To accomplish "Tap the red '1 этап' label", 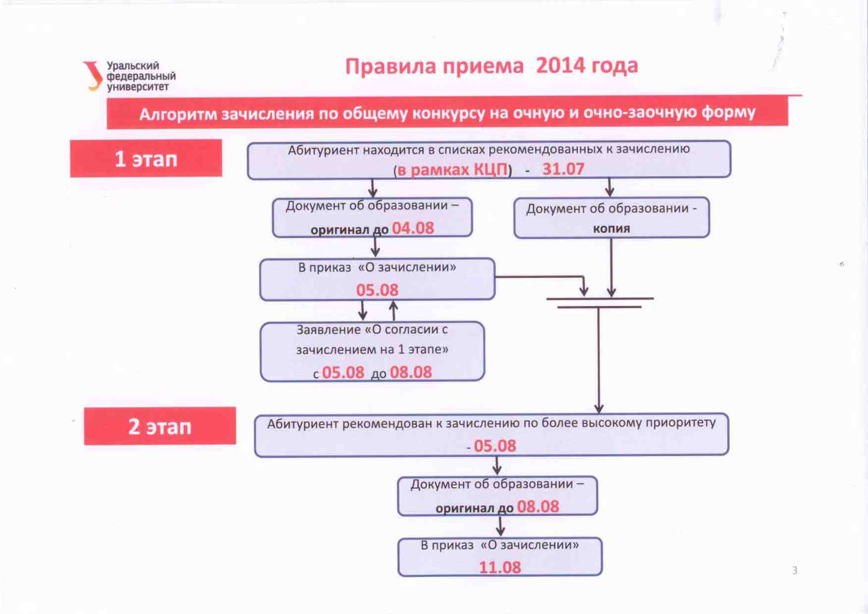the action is click(146, 158).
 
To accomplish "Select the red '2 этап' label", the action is click(160, 426).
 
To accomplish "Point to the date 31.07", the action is click(563, 169).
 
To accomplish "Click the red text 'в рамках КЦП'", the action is click(453, 169).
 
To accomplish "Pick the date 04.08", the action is click(413, 228).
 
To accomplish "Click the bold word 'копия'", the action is click(612, 229).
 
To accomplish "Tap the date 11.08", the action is click(500, 567).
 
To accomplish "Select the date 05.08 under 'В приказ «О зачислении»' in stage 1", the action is click(377, 290).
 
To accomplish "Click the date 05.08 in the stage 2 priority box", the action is click(495, 446).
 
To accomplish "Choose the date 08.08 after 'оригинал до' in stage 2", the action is click(538, 507).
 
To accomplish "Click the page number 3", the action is click(795, 570).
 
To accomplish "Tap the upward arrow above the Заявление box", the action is click(394, 311).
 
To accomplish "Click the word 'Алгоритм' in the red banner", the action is click(178, 114).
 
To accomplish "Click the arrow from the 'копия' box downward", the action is click(612, 268).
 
